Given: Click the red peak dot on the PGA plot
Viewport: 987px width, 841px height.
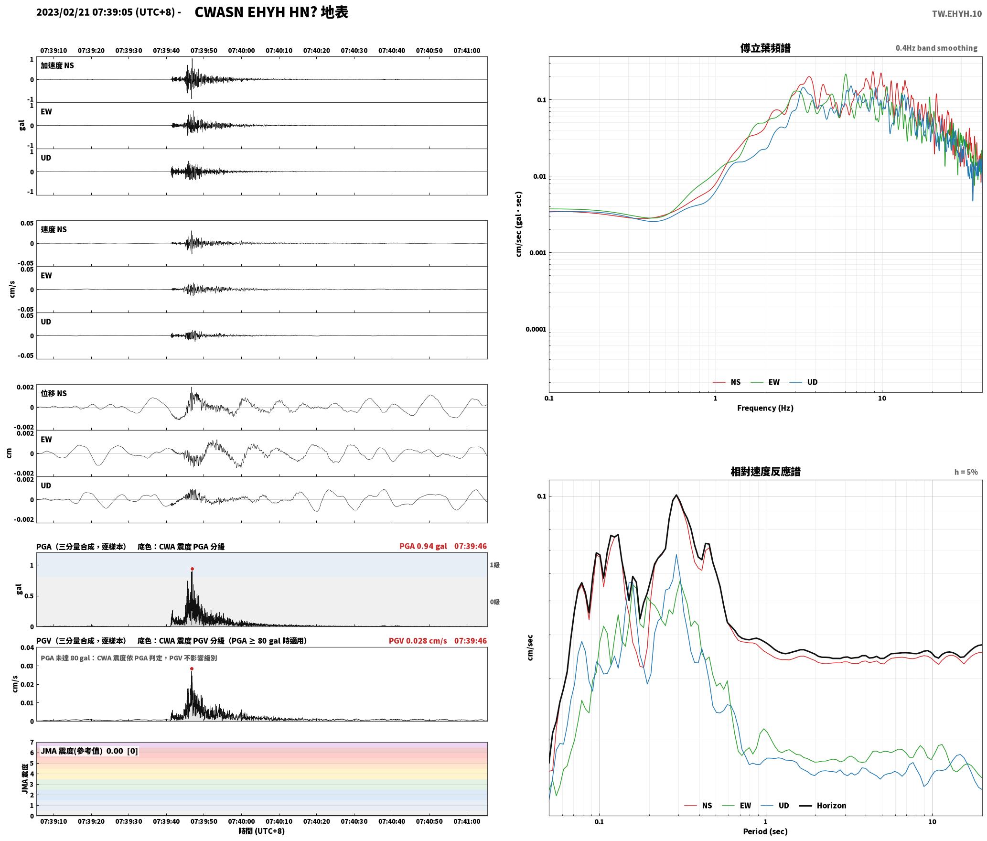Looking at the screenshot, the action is click(x=192, y=569).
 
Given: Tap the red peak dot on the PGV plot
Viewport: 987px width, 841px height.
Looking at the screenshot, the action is click(x=192, y=669).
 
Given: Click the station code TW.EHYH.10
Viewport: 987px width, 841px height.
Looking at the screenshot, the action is click(x=956, y=14).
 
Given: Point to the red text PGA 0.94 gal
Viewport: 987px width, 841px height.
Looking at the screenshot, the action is click(x=423, y=546).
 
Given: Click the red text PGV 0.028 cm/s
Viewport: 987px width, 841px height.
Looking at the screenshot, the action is click(x=418, y=641).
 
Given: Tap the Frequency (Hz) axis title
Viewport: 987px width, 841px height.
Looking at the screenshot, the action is click(x=765, y=408).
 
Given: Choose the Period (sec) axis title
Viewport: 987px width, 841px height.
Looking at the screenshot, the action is click(x=765, y=831).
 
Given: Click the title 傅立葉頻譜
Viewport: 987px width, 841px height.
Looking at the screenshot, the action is click(x=765, y=48).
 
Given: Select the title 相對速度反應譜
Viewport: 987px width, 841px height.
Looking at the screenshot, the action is click(x=765, y=472).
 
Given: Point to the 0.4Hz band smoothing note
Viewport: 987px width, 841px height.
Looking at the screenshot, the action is click(x=936, y=48).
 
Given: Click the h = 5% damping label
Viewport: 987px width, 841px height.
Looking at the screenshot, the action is click(x=966, y=472).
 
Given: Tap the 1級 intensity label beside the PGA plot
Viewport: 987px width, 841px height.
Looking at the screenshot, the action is click(x=494, y=565).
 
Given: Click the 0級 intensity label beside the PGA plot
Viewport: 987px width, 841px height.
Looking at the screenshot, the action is click(x=494, y=602).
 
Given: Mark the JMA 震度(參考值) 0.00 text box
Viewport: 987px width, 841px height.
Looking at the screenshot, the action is click(x=89, y=751).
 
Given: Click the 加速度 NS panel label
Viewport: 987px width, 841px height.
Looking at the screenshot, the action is click(x=57, y=65).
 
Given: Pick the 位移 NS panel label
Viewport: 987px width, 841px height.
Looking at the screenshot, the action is click(x=54, y=393).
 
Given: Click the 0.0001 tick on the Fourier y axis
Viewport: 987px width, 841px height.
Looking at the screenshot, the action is click(x=535, y=329).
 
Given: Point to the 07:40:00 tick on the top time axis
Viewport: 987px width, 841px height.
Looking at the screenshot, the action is click(x=241, y=51).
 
